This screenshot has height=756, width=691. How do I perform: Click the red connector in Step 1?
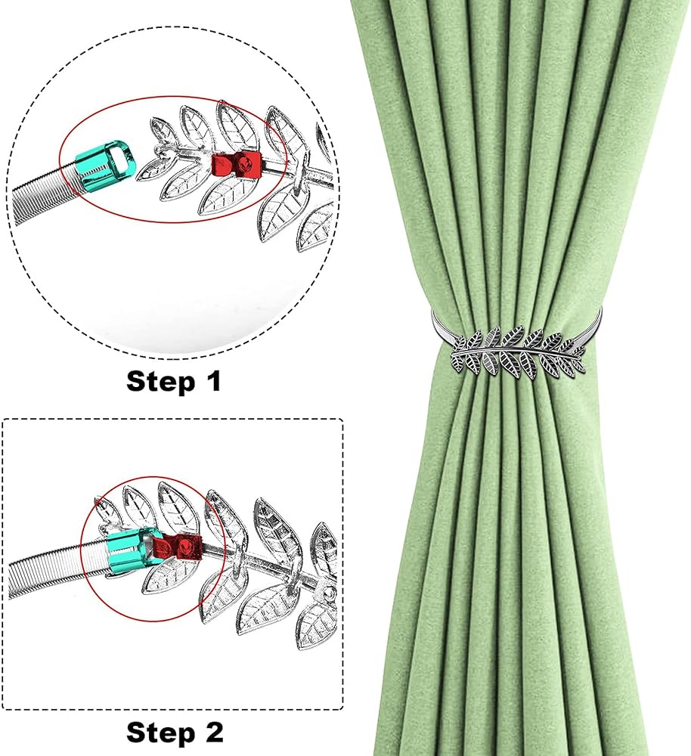(x=234, y=163)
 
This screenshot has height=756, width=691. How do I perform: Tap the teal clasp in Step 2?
(x=127, y=552)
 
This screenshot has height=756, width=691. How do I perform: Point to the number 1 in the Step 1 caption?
(x=213, y=380)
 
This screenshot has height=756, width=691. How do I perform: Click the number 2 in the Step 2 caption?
(x=214, y=731)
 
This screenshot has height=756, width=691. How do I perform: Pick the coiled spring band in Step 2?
(x=58, y=570)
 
